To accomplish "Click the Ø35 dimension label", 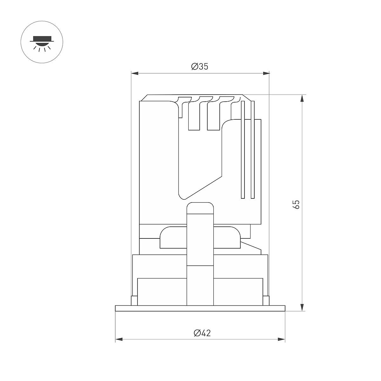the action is click(200, 67).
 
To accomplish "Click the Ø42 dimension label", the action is click(202, 333).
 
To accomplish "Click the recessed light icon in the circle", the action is click(42, 43).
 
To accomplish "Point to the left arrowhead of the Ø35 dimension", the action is click(135, 74).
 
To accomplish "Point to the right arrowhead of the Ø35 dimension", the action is click(266, 74).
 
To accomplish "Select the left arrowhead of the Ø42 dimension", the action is click(119, 339).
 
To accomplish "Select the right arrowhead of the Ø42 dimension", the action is click(282, 339).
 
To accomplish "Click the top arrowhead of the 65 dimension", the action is click(302, 98).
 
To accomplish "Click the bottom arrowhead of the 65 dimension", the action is click(302, 308).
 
